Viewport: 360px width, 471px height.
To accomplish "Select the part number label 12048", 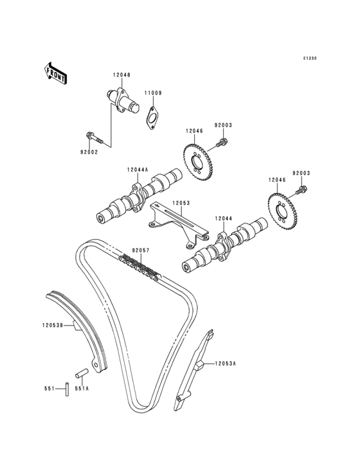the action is click(122, 75).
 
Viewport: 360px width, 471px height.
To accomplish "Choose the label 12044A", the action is click(138, 170).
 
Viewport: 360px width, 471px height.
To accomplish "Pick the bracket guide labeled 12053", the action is click(179, 224).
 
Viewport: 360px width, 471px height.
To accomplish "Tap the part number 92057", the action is click(141, 250).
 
